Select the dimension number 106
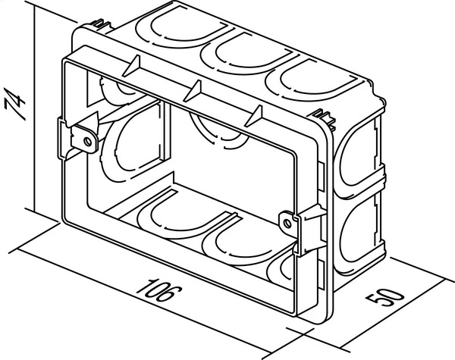click(159, 291)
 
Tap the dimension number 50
click(385, 296)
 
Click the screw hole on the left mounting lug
click(87, 142)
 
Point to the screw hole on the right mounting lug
click(287, 224)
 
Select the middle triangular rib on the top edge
click(193, 91)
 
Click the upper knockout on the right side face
click(359, 153)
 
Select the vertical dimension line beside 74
click(34, 109)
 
